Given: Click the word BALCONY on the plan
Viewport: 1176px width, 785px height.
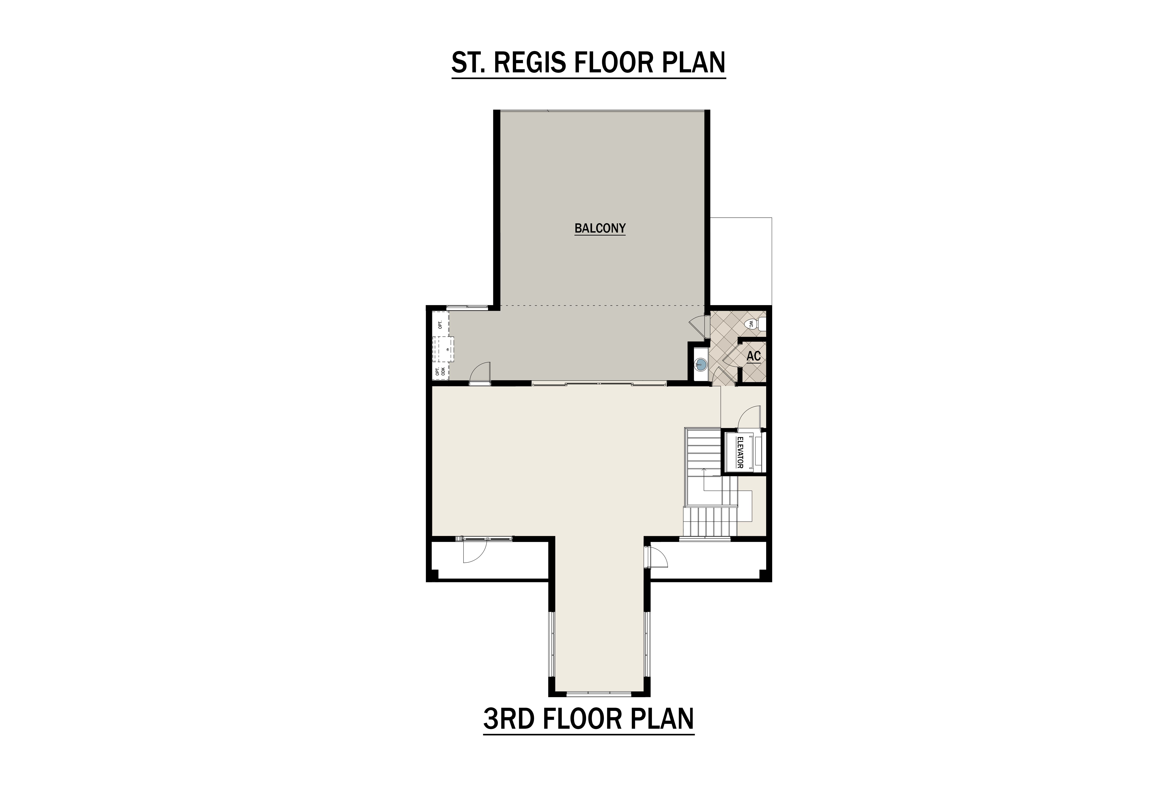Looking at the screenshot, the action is tap(600, 228).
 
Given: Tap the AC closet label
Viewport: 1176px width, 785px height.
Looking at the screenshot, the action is tap(754, 357).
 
